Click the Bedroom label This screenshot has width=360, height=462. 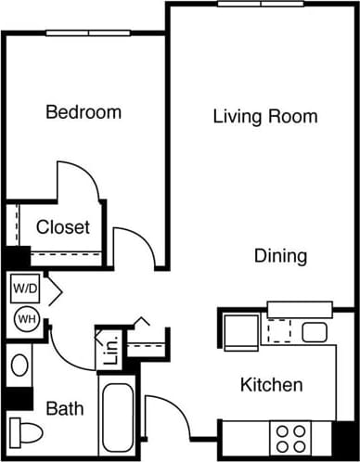84,113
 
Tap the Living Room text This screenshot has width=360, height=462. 265,117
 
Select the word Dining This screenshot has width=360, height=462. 281,256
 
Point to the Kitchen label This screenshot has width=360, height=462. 271,384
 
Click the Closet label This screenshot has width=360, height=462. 63,227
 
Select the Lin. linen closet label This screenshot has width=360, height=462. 109,352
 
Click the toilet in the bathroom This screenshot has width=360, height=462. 26,432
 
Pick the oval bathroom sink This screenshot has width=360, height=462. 19,366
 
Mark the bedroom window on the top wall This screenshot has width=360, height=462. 89,33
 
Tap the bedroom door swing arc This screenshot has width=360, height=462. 79,181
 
